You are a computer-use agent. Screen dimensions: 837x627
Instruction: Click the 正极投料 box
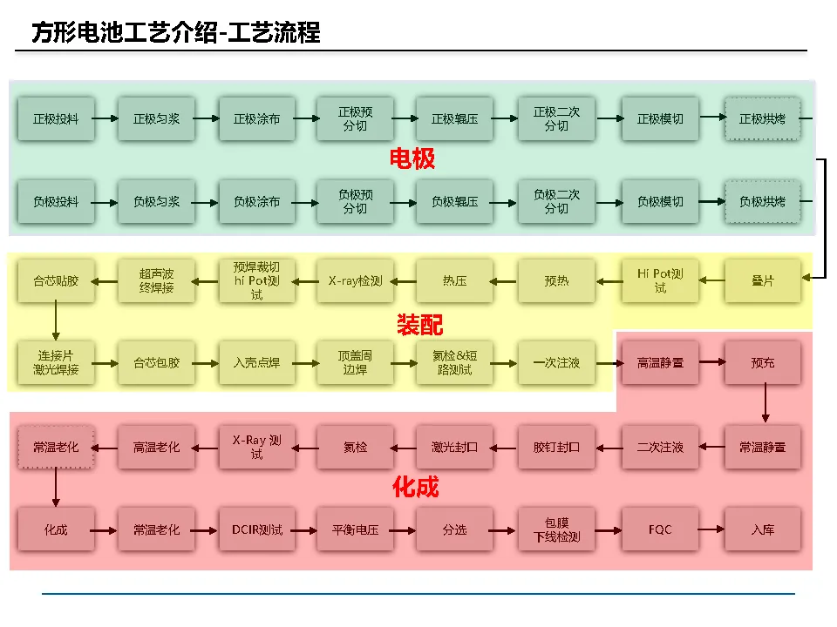pos(56,118)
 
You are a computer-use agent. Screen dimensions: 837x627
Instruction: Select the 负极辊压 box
pos(454,202)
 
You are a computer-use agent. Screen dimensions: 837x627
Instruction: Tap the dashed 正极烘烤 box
pos(762,118)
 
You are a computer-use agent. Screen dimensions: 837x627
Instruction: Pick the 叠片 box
pos(762,280)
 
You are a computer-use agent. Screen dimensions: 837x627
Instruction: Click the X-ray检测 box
pos(355,280)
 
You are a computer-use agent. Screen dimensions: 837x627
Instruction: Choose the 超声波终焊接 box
pos(156,280)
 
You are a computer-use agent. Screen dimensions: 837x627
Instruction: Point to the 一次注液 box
pos(556,362)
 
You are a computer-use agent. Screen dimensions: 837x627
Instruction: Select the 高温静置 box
pos(660,362)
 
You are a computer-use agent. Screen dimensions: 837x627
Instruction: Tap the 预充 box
pos(762,362)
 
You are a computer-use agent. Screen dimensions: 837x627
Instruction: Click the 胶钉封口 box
pos(556,447)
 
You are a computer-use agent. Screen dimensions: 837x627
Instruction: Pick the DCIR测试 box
pos(256,529)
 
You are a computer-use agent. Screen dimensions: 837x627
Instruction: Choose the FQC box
pos(660,529)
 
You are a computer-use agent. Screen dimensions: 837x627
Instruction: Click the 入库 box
pos(762,529)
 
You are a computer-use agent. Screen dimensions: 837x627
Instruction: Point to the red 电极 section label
pos(412,159)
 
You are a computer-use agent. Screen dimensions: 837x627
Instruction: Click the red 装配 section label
pos(419,325)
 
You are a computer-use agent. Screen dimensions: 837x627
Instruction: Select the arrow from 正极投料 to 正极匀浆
pos(105,118)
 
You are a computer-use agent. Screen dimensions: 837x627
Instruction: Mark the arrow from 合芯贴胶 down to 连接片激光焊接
pos(56,320)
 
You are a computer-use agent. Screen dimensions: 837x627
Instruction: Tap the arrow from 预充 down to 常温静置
pos(765,403)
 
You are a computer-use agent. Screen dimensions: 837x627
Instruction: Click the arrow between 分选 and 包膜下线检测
pos(505,529)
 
